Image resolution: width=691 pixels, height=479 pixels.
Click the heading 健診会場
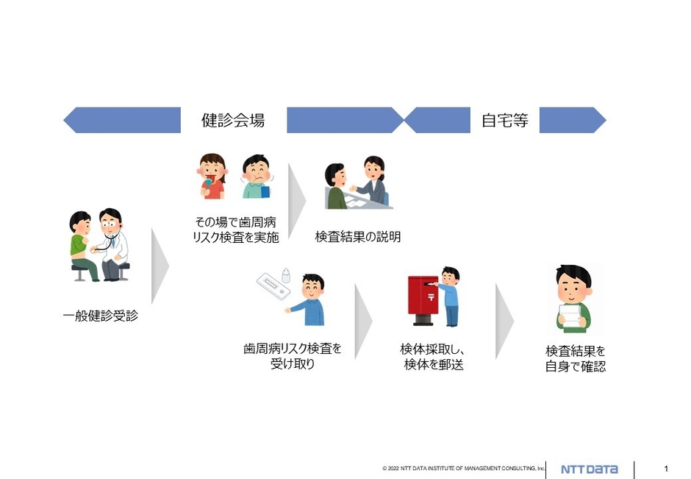tap(233, 121)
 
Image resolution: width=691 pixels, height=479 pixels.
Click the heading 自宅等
tap(504, 121)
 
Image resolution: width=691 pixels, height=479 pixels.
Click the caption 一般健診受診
tap(100, 316)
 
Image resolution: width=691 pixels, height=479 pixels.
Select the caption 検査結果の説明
tap(358, 236)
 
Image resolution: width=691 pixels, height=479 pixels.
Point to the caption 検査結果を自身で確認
tap(575, 358)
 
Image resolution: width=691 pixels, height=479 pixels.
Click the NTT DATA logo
tap(590, 469)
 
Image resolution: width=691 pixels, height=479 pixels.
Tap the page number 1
tap(666, 469)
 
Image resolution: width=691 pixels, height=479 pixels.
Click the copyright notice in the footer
tap(463, 469)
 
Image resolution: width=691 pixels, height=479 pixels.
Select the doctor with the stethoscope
tap(112, 244)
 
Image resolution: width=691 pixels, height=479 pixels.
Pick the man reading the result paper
tap(573, 298)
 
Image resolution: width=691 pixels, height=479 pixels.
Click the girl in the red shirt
tap(211, 177)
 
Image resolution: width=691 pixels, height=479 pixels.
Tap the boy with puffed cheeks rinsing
tap(257, 177)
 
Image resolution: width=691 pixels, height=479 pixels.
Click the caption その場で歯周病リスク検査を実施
tap(234, 229)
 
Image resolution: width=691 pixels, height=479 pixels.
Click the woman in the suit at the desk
tap(373, 182)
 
